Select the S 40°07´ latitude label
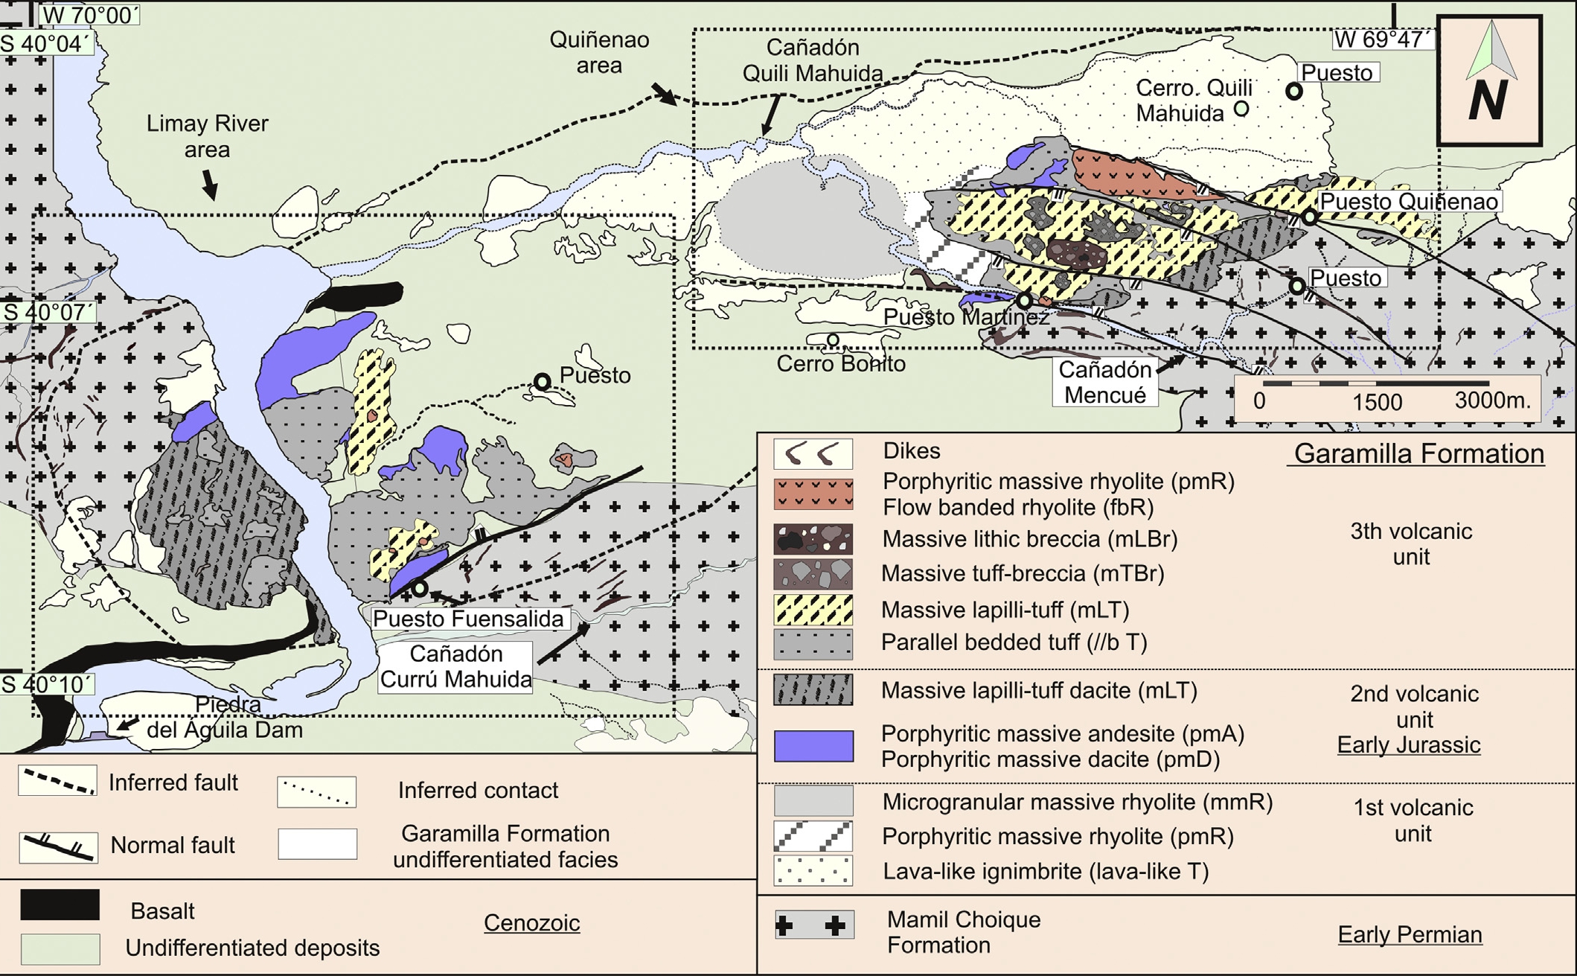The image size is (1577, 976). click(x=48, y=311)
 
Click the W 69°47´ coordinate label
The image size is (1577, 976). click(x=1381, y=39)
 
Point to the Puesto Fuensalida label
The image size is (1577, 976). click(x=468, y=619)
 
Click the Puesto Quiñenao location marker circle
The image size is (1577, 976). click(x=1309, y=217)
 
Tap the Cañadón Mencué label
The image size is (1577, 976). click(x=1104, y=382)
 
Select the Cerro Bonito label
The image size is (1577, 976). click(x=841, y=364)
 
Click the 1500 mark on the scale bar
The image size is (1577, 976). click(x=1377, y=401)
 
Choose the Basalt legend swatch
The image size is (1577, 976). click(x=60, y=904)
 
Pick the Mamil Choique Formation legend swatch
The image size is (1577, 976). click(x=813, y=925)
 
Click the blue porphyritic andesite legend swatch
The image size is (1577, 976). click(x=813, y=746)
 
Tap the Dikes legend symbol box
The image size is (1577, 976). click(x=813, y=453)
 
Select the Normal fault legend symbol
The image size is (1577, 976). click(x=58, y=846)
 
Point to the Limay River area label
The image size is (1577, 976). click(x=207, y=136)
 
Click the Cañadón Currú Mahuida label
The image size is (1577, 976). click(x=455, y=666)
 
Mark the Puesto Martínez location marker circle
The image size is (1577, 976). click(x=1025, y=301)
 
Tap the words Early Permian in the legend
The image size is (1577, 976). click(x=1410, y=934)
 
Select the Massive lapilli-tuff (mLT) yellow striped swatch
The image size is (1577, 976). click(x=813, y=610)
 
